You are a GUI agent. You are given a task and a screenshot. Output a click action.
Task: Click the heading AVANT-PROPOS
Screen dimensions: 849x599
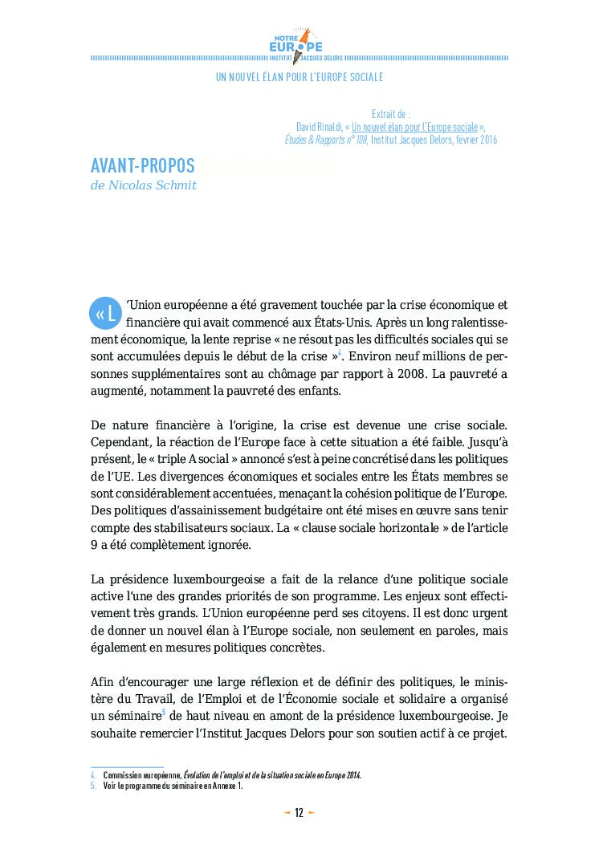click(143, 166)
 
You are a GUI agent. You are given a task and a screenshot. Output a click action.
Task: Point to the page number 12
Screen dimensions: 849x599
click(299, 813)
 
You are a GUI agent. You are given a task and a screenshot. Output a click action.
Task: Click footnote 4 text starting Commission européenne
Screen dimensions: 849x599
click(233, 775)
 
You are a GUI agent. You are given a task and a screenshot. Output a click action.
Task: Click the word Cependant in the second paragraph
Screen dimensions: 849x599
click(121, 441)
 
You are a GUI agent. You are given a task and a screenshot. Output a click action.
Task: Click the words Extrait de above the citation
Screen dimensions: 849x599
click(392, 115)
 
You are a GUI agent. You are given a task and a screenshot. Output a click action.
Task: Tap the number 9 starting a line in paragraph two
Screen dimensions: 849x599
click(95, 545)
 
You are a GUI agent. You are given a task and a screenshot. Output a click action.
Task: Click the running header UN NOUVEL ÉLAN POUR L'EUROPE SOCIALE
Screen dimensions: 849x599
click(299, 77)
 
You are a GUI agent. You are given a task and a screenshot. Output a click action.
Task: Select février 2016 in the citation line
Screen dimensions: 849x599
click(472, 140)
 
